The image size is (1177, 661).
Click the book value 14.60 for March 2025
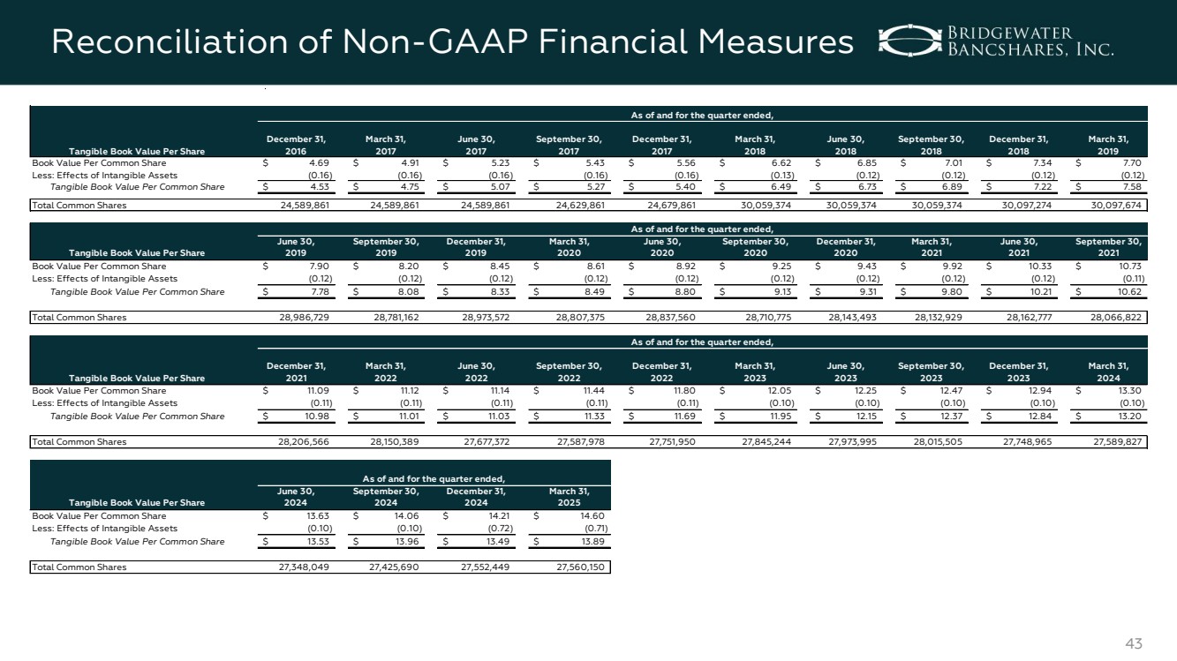pyautogui.click(x=586, y=516)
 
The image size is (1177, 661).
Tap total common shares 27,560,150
pyautogui.click(x=577, y=567)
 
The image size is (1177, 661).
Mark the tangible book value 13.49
pyautogui.click(x=495, y=541)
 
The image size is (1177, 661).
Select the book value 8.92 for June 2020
pyautogui.click(x=679, y=266)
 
